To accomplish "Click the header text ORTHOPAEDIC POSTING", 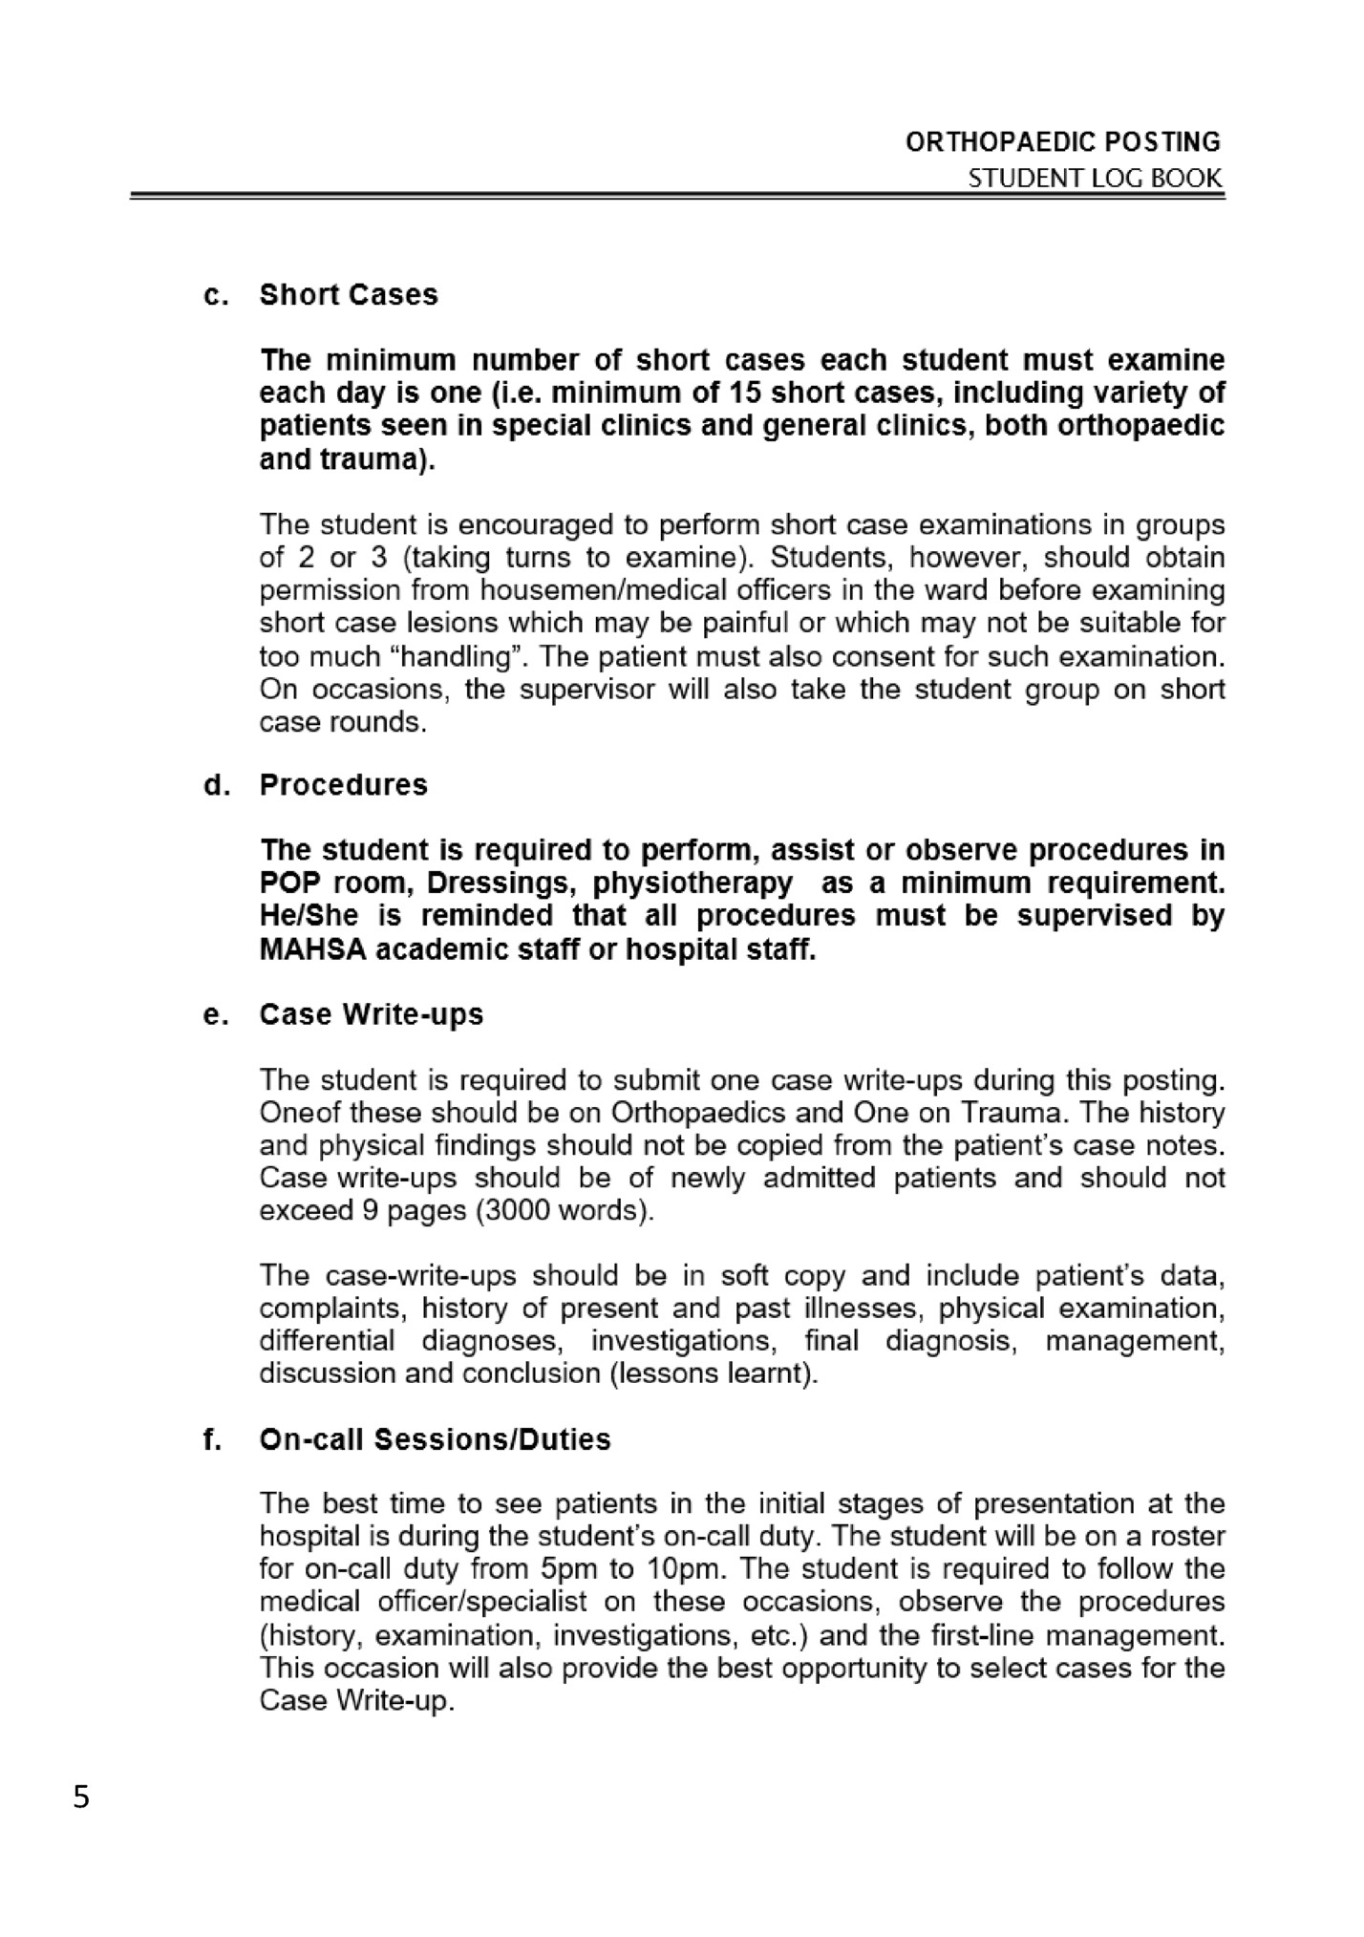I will coord(1062,142).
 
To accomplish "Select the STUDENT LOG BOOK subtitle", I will coord(1095,178).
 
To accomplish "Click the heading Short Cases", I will coord(349,294).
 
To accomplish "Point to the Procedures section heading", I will coord(344,784).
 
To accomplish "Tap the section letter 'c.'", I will coord(216,295).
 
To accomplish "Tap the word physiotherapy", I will coord(693,883).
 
